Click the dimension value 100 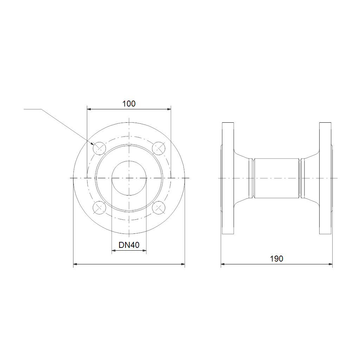[129, 104]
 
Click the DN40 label [129, 245]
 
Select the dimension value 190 [276, 259]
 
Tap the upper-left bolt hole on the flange [99, 148]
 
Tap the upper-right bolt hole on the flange [159, 148]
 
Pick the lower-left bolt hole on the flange [99, 208]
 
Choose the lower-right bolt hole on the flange [159, 208]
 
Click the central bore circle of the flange [129, 161]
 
